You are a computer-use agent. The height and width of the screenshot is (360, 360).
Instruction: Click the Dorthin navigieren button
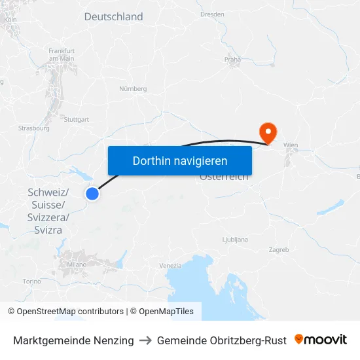180,160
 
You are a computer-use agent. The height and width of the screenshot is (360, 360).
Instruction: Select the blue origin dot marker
92,194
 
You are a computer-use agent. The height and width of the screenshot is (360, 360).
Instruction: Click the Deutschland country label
113,17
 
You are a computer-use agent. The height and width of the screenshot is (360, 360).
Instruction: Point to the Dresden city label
212,14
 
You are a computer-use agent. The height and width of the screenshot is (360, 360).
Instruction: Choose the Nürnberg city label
133,88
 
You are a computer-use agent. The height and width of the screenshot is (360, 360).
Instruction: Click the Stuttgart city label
77,120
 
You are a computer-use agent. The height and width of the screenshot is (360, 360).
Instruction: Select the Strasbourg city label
34,128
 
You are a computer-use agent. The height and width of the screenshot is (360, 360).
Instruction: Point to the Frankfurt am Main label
62,54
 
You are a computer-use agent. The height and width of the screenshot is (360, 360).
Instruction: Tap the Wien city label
291,145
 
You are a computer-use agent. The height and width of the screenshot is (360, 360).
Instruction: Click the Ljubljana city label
235,240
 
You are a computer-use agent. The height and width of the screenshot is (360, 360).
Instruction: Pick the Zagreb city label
279,250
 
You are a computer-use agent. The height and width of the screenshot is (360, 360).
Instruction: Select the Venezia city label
170,265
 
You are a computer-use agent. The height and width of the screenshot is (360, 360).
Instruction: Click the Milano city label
77,264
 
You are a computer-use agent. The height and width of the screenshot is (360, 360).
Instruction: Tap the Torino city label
31,281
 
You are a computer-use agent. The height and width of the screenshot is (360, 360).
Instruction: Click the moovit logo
321,340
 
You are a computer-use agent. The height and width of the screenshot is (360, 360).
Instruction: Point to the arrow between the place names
145,340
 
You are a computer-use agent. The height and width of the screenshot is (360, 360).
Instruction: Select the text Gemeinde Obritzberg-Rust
222,340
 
